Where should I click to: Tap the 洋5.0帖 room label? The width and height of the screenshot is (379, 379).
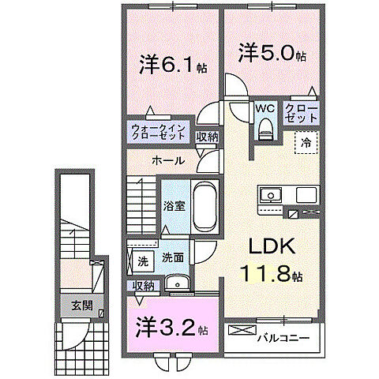pos(272,53)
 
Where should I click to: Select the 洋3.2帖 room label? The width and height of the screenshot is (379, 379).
pos(170,325)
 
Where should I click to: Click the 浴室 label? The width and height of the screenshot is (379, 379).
pos(173,208)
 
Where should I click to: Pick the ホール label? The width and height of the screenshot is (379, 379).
pos(168,160)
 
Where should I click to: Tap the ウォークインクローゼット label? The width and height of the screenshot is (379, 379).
pos(159,129)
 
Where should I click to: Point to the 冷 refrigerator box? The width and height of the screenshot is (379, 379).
pos(305,142)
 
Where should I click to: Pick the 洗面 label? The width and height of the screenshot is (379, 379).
pos(173,258)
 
